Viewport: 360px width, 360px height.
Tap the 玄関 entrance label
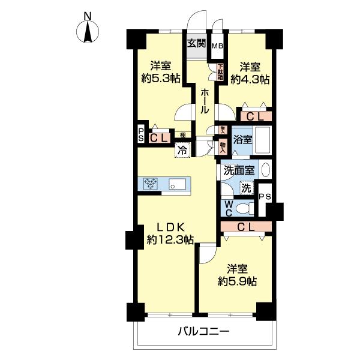196,43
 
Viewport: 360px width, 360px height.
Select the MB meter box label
217,44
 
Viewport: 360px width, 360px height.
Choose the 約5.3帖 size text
161,79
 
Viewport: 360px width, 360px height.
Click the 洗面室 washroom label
240,170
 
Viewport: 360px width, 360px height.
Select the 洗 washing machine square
246,188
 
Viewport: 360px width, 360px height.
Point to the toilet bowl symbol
243,208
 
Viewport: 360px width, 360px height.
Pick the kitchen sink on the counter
178,183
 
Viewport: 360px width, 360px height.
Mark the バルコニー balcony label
203,331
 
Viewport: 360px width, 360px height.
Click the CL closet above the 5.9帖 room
245,227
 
